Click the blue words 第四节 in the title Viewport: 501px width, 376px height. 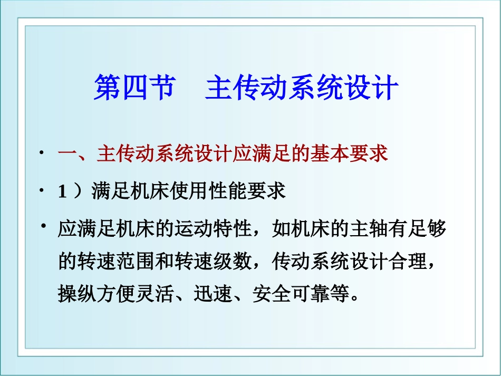pos(134,88)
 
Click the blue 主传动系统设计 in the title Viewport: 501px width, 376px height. pos(301,88)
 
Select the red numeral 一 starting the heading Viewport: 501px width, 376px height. pos(68,154)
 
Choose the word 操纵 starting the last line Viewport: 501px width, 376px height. pos(77,294)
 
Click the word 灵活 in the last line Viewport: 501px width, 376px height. pos(155,294)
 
